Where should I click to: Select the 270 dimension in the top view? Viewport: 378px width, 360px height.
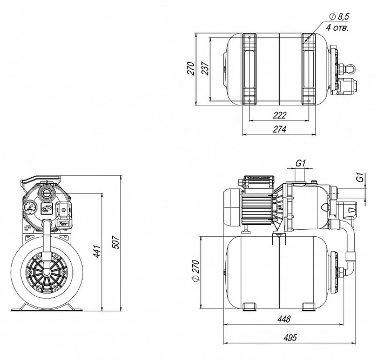click(x=191, y=68)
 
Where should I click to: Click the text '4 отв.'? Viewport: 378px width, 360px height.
click(x=337, y=28)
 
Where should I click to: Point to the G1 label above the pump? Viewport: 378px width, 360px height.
click(x=301, y=163)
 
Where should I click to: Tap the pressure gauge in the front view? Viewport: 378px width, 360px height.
click(x=29, y=208)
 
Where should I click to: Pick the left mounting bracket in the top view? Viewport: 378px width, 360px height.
click(x=250, y=69)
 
